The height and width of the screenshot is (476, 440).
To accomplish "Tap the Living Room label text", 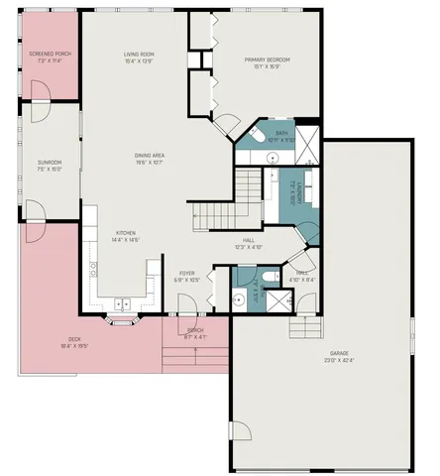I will click(x=139, y=57).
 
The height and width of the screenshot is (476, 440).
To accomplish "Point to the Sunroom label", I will click(x=50, y=165).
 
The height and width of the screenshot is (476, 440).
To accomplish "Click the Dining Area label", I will click(x=151, y=159).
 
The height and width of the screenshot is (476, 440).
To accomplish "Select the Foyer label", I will click(x=187, y=276).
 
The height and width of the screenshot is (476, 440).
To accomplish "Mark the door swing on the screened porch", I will click(x=41, y=91).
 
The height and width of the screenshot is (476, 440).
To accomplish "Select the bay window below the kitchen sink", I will click(x=123, y=320).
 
